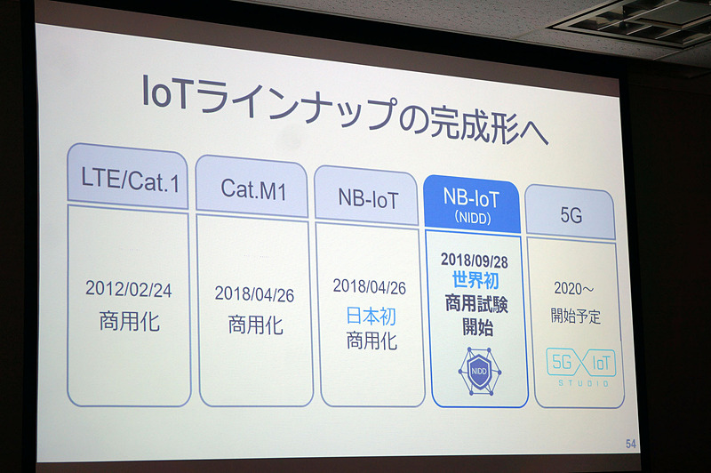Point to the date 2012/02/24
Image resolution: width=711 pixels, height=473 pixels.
pyautogui.click(x=128, y=289)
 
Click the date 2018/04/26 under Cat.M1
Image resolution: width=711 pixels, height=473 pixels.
pyautogui.click(x=253, y=293)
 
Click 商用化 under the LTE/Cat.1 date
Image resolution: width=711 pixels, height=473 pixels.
pyautogui.click(x=130, y=320)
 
